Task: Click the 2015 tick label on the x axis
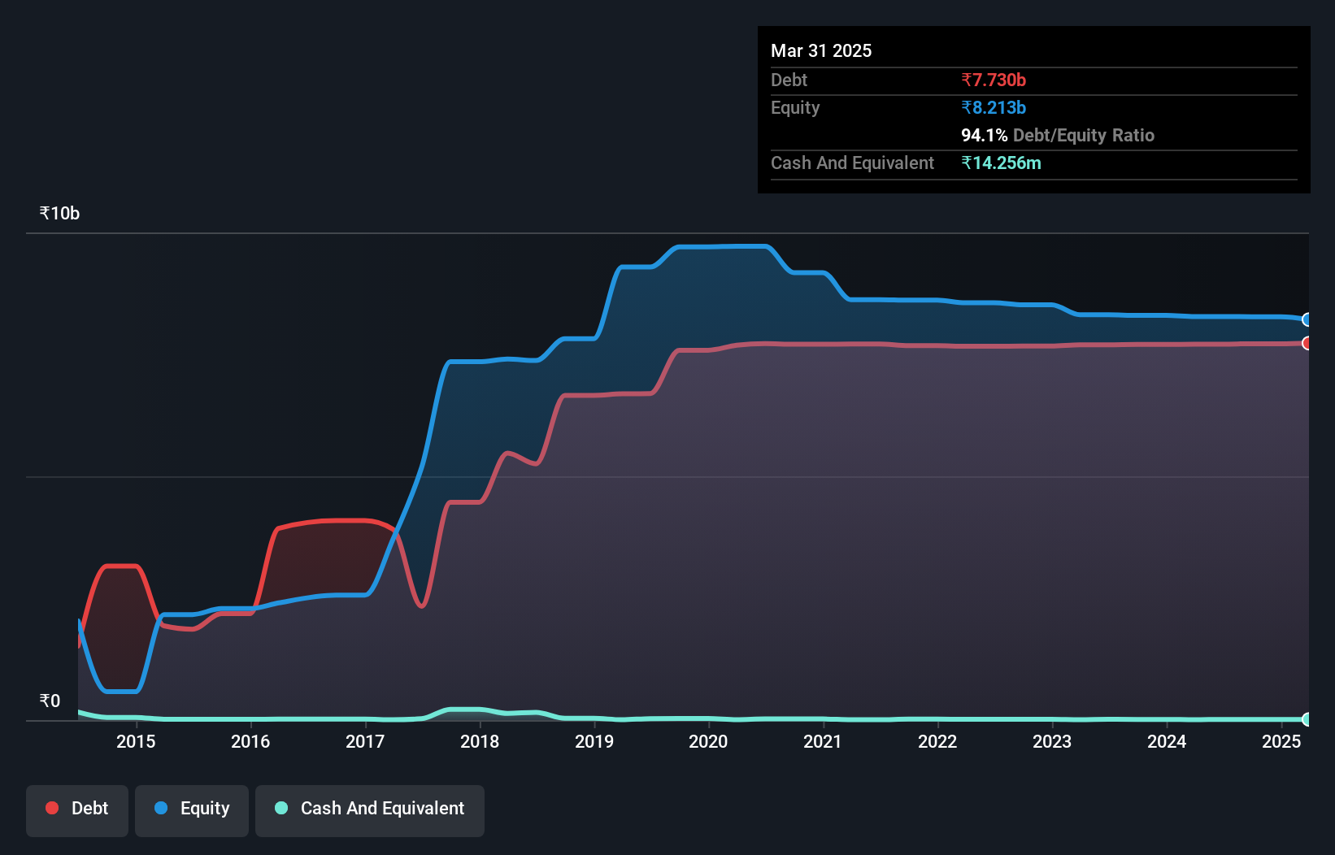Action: point(136,741)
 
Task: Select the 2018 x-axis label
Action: point(480,741)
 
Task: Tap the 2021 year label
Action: point(823,741)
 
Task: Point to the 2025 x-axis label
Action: point(1281,741)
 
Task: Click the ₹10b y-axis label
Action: point(59,214)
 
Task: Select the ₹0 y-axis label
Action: point(50,701)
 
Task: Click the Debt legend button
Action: point(77,809)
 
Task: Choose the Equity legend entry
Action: point(192,809)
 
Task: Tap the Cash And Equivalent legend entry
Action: point(370,809)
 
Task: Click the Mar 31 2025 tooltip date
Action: point(821,51)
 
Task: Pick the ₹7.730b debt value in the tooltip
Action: point(994,80)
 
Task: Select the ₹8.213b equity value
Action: point(994,108)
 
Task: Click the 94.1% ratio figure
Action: point(984,136)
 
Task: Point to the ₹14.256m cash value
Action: point(1001,163)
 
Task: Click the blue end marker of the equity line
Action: point(1307,319)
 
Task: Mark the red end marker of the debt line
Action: point(1307,343)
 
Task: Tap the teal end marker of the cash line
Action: point(1307,719)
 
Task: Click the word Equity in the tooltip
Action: point(795,108)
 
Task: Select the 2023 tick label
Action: point(1052,741)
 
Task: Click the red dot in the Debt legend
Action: point(52,808)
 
